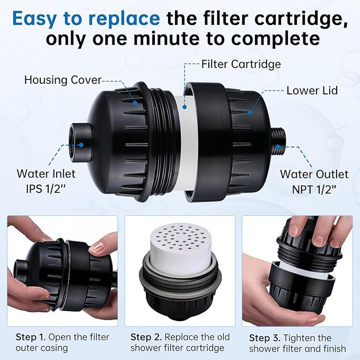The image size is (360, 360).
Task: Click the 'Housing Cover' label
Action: click(63, 80)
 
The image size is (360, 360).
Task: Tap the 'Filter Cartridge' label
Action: click(241, 64)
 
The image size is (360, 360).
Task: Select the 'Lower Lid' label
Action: click(312, 91)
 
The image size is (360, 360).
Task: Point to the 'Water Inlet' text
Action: click(46, 174)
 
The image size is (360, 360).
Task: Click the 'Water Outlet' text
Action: click(314, 174)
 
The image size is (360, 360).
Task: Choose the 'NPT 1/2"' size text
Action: click(314, 189)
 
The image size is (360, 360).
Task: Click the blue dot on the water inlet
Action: click(81, 145)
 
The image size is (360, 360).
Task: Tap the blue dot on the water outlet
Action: click(278, 147)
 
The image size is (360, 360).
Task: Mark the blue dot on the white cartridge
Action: click(185, 107)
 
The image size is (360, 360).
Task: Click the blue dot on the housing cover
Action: click(135, 103)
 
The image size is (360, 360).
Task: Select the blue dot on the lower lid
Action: click(250, 112)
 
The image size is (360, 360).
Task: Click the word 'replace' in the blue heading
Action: click(124, 19)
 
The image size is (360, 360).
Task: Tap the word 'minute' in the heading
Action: click(166, 38)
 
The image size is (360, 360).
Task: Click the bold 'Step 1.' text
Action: click(31, 337)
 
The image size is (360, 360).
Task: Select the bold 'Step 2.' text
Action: click(146, 337)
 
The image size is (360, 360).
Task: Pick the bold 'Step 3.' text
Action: click(265, 338)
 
